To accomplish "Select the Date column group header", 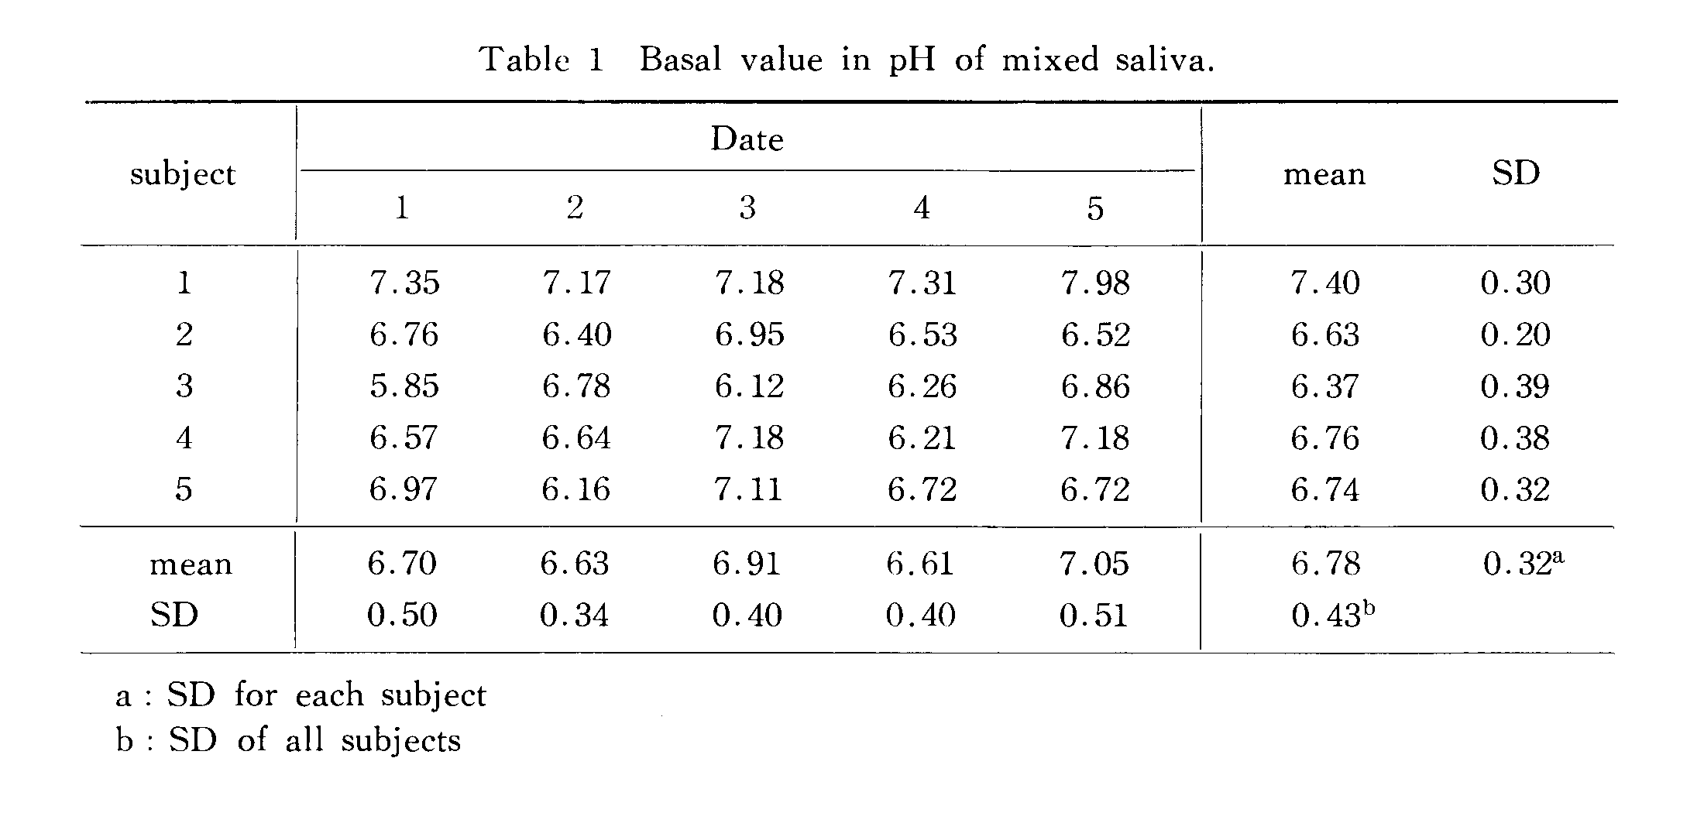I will click(747, 139).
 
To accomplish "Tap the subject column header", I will click(183, 173).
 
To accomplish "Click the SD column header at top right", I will click(1515, 173).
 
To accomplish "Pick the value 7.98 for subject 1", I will click(1095, 283).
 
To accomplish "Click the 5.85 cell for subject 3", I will click(404, 386).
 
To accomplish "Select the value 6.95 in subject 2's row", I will click(749, 334).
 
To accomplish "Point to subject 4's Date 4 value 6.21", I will click(922, 438).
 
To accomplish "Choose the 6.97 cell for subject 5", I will click(404, 489).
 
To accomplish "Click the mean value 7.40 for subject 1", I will click(1324, 283).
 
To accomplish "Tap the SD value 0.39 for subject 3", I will click(1515, 386).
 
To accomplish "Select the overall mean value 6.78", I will click(1325, 564).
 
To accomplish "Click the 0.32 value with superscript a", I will click(1523, 564).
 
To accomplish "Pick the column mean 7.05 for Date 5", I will click(1094, 564).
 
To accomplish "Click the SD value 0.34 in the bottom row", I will click(574, 616).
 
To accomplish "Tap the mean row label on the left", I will click(191, 564).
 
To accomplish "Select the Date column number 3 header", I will click(747, 208).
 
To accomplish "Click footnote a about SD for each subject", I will click(301, 695).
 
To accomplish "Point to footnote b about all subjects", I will click(289, 741).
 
